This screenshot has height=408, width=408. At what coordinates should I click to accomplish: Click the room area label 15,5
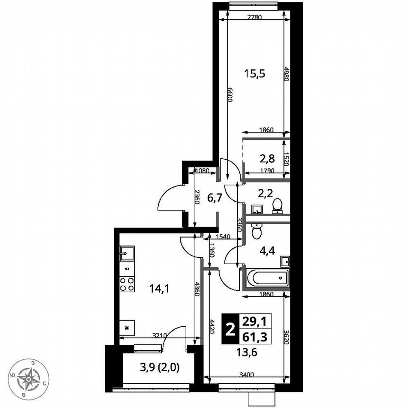click(x=255, y=73)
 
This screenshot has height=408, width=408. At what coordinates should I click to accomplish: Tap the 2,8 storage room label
click(x=267, y=158)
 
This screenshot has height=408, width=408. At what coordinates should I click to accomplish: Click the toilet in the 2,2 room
click(x=278, y=204)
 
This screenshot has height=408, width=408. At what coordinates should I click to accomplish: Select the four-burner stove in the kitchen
click(x=127, y=285)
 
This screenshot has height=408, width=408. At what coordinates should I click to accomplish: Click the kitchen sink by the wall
click(x=126, y=254)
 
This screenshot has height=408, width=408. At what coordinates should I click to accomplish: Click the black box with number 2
click(x=230, y=329)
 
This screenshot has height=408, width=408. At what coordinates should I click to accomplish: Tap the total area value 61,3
click(x=254, y=336)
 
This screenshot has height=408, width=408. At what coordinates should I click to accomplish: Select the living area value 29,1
click(x=254, y=321)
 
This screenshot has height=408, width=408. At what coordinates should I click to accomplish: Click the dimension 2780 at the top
click(x=255, y=18)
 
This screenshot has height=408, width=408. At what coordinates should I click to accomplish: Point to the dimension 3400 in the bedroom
click(x=246, y=374)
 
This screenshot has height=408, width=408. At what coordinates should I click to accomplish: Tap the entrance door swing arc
click(x=169, y=200)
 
